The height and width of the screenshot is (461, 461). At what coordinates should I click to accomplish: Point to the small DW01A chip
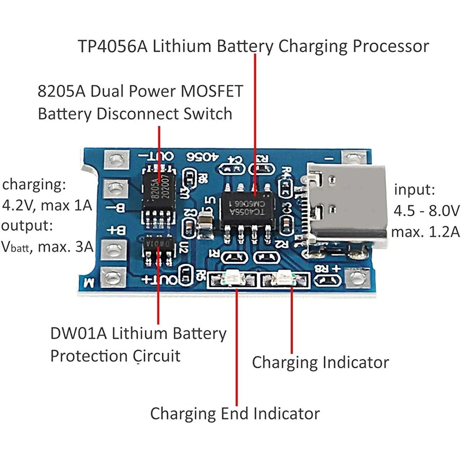pyautogui.click(x=159, y=245)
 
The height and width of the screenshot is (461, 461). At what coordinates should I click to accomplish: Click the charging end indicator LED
pyautogui.click(x=232, y=279)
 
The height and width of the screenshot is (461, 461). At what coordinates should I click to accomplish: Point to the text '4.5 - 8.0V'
pyautogui.click(x=426, y=211)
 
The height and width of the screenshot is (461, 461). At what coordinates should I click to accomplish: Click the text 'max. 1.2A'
pyautogui.click(x=425, y=232)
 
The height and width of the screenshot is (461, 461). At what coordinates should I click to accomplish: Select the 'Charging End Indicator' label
pyautogui.click(x=235, y=413)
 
